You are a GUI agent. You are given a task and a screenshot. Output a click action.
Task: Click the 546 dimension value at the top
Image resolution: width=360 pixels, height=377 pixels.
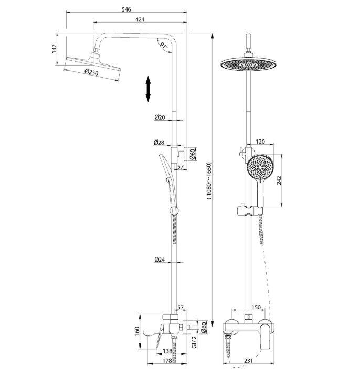[126, 9]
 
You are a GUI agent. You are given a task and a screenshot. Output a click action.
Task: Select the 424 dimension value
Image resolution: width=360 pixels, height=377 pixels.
[140, 19]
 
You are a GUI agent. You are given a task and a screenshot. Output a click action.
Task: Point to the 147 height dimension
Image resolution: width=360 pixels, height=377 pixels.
[55, 49]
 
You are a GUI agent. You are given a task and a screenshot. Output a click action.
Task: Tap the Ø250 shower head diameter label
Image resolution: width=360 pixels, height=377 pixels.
[92, 72]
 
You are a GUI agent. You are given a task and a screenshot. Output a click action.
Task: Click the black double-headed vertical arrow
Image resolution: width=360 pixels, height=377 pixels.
[148, 89]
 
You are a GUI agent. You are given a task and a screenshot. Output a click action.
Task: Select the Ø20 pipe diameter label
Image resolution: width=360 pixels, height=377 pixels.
[160, 117]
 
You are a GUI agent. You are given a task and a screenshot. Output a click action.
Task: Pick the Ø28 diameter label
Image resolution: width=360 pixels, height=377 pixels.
[159, 142]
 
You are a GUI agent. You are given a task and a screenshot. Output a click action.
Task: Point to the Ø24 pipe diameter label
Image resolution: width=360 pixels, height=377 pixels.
[160, 260]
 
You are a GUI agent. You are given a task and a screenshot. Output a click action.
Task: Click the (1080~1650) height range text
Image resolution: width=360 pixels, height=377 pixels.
[209, 180]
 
